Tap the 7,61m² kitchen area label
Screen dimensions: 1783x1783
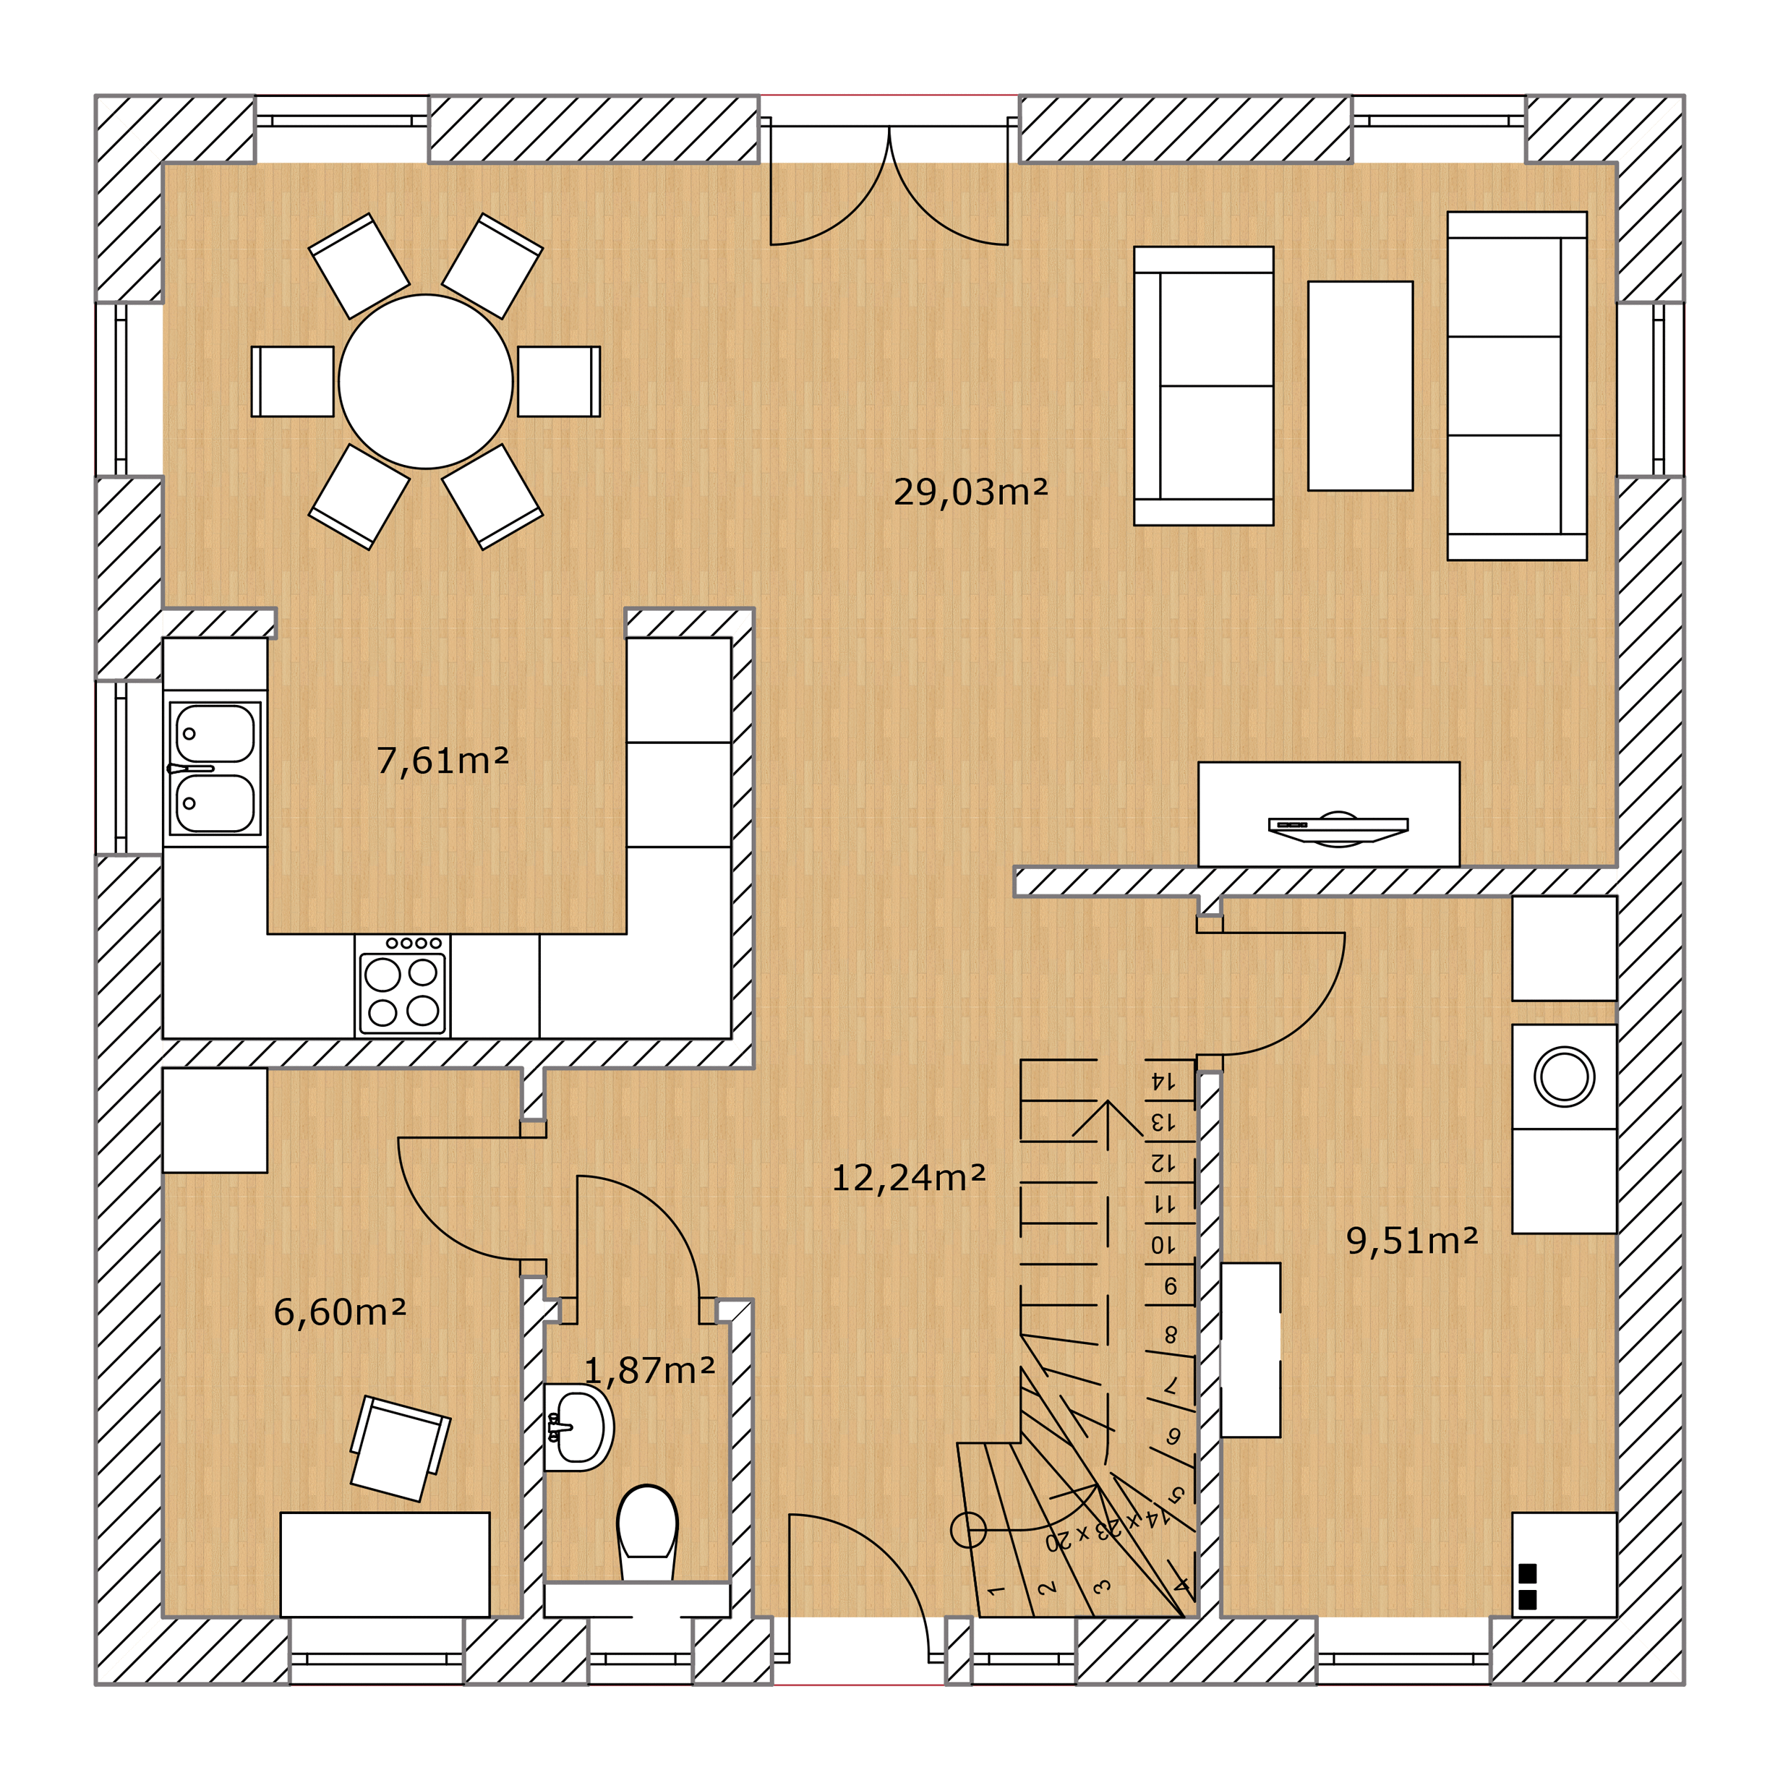[443, 761]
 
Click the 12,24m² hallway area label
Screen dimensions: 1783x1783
[909, 1178]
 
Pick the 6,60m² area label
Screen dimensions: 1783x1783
[340, 1312]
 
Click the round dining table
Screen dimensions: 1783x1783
[425, 382]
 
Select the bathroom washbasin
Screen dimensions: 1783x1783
[578, 1427]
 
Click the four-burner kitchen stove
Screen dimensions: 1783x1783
[403, 986]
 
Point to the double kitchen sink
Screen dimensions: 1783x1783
[215, 769]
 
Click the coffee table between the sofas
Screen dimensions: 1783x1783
[1360, 386]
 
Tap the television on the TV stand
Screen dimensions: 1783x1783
[1338, 828]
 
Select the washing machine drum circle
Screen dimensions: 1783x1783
[1564, 1076]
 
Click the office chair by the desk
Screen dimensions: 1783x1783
[401, 1449]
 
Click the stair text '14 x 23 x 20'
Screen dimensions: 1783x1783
[1108, 1527]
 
